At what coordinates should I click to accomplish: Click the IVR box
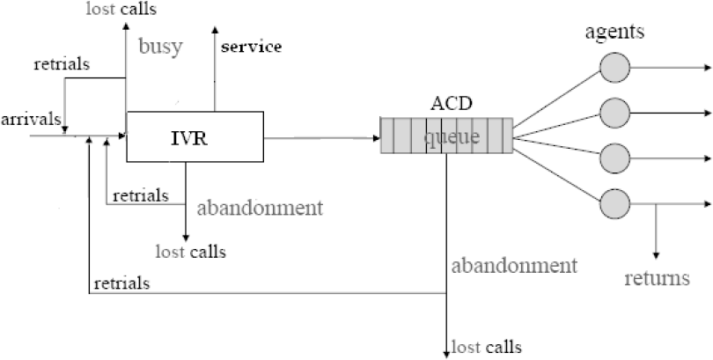point(195,136)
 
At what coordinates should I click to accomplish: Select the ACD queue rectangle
point(446,136)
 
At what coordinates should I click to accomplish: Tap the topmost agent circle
point(614,68)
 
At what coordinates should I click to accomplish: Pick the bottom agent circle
point(614,203)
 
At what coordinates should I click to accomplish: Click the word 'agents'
point(614,32)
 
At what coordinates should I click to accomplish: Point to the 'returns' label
point(657,278)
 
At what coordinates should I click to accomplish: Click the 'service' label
point(252,47)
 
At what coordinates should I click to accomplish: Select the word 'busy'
point(160,46)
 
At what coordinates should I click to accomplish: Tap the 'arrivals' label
point(31,119)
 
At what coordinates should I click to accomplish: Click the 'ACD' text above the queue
point(452,104)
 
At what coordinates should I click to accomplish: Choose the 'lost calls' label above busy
point(121,9)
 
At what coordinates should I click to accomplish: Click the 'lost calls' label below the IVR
point(190,251)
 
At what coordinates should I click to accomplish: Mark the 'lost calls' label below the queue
point(487,348)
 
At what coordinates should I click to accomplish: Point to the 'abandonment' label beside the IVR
point(260,208)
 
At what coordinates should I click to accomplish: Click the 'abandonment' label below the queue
point(514,266)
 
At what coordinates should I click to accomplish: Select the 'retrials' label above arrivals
point(62,64)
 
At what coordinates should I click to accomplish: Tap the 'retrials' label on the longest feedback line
point(121,283)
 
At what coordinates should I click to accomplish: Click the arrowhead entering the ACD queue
point(377,137)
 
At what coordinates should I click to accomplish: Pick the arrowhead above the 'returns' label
point(656,255)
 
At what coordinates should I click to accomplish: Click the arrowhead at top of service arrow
point(215,30)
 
